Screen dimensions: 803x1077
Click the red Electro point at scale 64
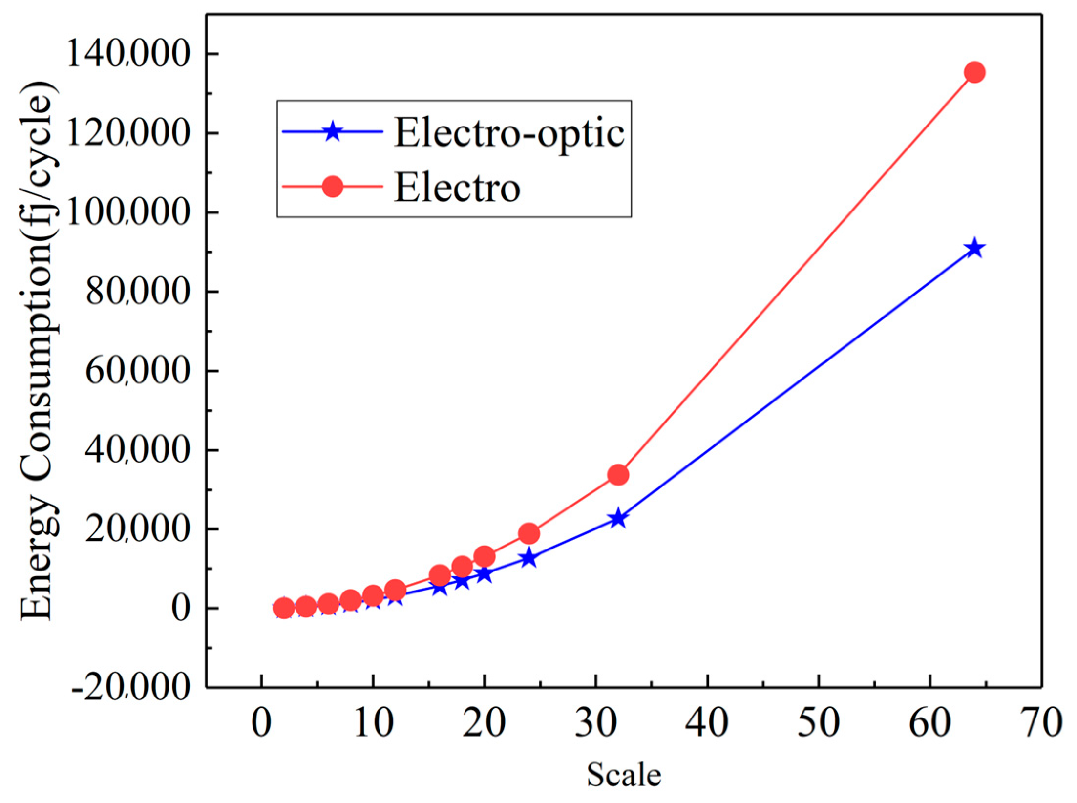[x=974, y=72]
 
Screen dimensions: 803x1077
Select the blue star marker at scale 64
[x=974, y=249]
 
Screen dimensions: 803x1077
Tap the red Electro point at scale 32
[x=618, y=475]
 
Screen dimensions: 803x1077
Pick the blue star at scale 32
[x=618, y=518]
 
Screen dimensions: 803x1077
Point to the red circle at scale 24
[x=529, y=533]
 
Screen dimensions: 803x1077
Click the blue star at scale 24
[x=529, y=558]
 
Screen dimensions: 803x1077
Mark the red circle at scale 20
[x=485, y=556]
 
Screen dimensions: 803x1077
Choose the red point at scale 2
[x=284, y=608]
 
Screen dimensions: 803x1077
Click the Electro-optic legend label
[x=509, y=133]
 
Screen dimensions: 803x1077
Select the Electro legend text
[x=457, y=188]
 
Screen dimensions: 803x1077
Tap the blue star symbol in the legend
[x=332, y=131]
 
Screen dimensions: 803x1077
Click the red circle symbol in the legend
[x=332, y=187]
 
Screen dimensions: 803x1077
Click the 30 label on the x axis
[x=596, y=722]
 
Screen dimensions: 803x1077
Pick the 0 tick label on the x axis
[x=262, y=722]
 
